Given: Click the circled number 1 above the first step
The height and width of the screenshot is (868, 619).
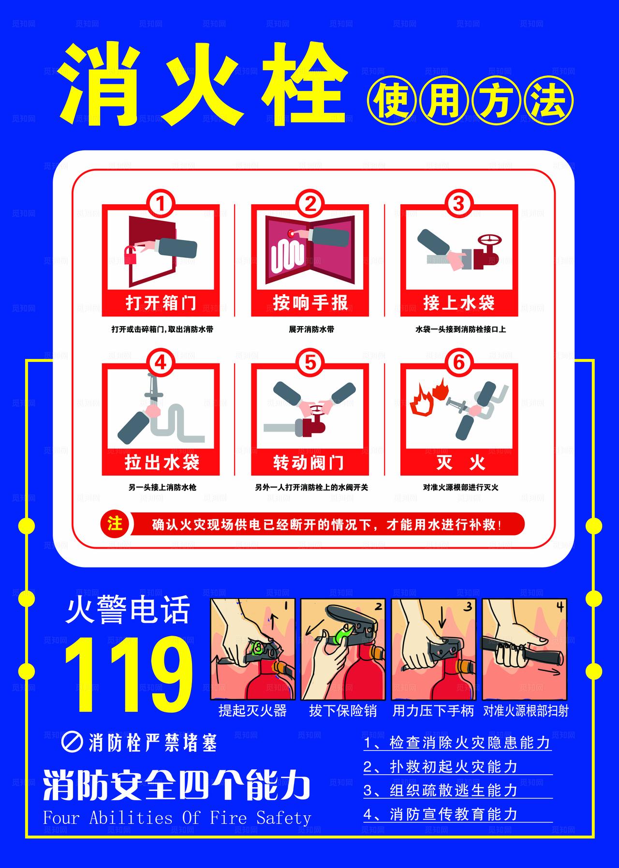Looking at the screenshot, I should tap(161, 204).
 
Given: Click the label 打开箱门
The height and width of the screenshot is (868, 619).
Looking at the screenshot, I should tap(161, 303).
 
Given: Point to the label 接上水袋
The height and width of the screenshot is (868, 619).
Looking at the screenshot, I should tap(458, 303).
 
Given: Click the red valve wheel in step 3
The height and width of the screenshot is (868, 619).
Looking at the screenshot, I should tap(490, 240).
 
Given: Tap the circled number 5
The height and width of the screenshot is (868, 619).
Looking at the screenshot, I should tap(309, 362).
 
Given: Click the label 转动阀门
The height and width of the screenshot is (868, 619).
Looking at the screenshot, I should tap(309, 463).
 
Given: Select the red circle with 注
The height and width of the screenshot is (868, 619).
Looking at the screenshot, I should tap(115, 524).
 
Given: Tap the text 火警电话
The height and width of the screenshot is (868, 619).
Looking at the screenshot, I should tap(128, 610).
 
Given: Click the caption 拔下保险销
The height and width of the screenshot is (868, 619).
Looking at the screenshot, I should tap(342, 711).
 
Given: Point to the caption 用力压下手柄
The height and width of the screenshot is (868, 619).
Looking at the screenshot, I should tap(433, 711).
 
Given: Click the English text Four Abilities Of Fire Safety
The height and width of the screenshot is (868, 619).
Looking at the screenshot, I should tap(177, 818).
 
